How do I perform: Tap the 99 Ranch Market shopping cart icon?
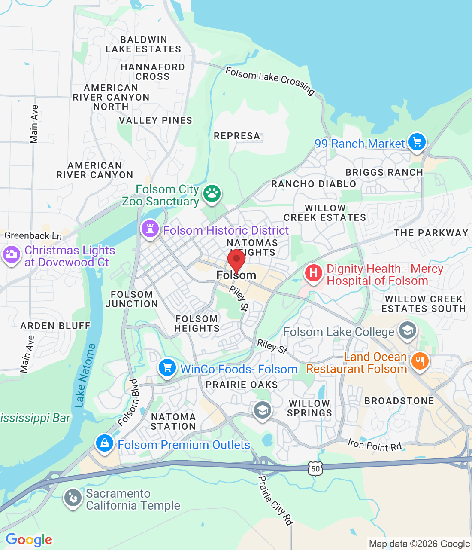click(x=417, y=142)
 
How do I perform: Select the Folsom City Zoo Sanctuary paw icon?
click(x=212, y=193)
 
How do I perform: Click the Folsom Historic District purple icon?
click(x=150, y=229)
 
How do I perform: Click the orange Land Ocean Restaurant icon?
click(x=420, y=362)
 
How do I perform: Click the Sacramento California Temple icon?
click(x=73, y=498)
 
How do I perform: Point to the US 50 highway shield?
click(x=315, y=469)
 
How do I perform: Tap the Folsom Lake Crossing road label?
click(x=270, y=80)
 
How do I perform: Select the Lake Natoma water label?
click(x=85, y=376)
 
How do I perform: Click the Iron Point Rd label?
click(x=375, y=445)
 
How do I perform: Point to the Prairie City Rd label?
click(x=275, y=500)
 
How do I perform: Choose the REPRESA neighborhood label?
click(x=237, y=136)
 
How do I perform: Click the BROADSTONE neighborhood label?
click(x=399, y=401)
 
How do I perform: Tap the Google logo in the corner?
click(x=29, y=540)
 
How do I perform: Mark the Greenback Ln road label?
click(x=33, y=235)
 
